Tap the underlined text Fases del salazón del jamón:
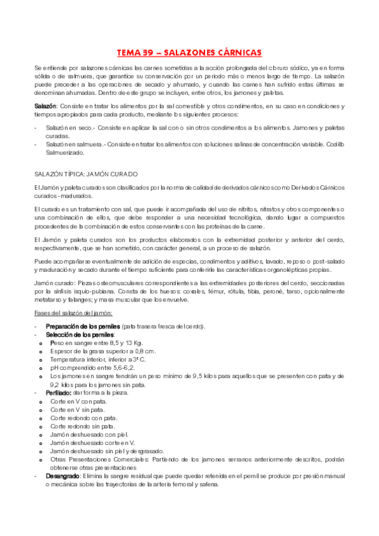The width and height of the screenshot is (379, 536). [x=73, y=312]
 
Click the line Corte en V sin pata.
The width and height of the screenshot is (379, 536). [x=78, y=409]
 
